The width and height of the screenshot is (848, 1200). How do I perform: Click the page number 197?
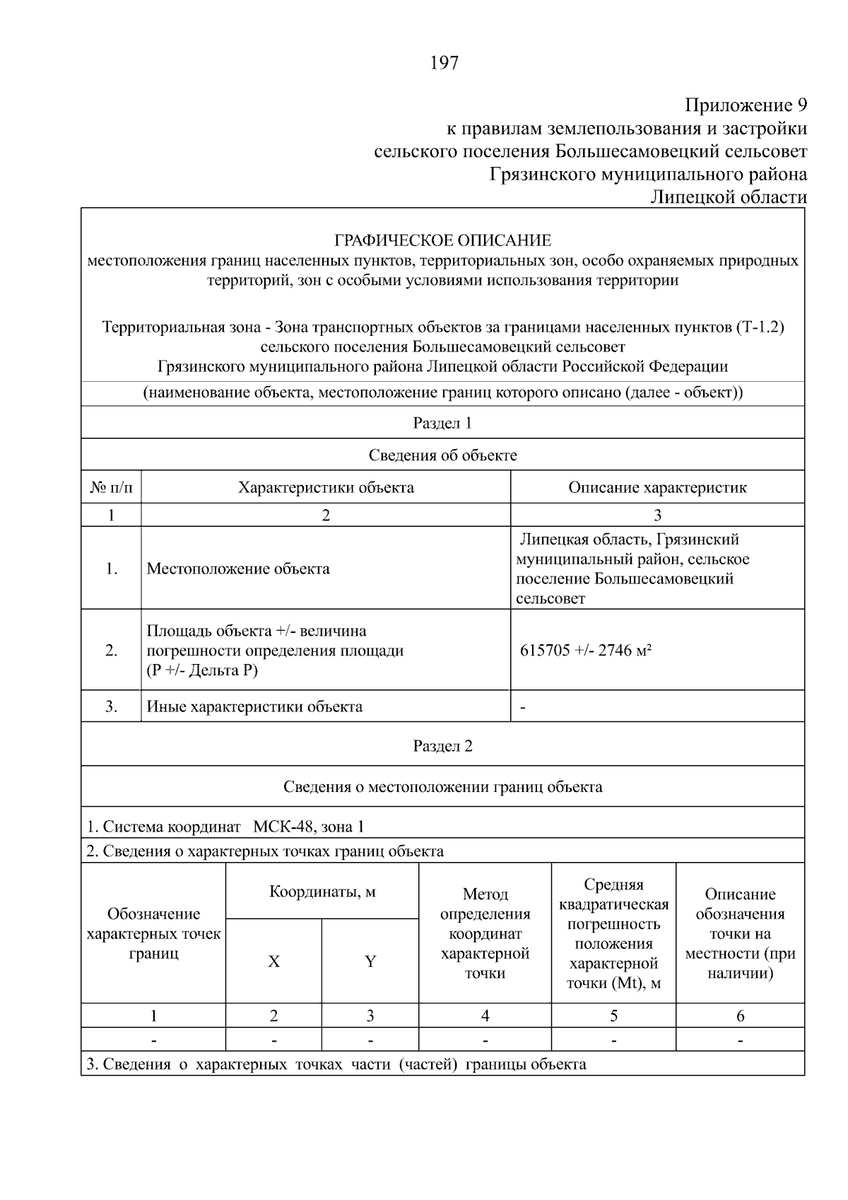[444, 64]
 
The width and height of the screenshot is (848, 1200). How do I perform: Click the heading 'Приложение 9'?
[746, 106]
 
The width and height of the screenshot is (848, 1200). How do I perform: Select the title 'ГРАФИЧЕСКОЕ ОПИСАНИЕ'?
[442, 240]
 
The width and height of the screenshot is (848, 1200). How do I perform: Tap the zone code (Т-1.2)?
[760, 327]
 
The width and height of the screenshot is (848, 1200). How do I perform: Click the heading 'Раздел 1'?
[442, 423]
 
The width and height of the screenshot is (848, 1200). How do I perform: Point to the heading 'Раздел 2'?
[442, 746]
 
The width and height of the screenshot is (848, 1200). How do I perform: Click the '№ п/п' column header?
[111, 487]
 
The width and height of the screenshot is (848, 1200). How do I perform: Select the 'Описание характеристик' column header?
[657, 487]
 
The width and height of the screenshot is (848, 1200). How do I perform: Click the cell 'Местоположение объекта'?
[238, 569]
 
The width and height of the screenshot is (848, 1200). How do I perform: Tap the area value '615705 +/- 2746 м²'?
[586, 651]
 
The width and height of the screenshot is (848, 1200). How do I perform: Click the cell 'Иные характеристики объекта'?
[254, 706]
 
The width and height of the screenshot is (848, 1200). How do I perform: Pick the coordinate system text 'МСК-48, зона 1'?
[309, 827]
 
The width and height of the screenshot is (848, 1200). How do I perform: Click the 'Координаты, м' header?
[322, 892]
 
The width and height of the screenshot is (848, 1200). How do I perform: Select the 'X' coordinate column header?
[273, 962]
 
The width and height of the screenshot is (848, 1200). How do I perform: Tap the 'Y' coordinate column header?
[370, 962]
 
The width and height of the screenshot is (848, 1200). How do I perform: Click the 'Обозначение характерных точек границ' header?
[153, 933]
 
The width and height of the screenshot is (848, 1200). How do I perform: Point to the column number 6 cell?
[740, 1016]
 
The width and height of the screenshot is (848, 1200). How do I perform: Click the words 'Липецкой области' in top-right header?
[728, 197]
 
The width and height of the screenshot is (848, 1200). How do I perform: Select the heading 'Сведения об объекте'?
[442, 455]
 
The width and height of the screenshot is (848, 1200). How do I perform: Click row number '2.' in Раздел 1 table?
[111, 651]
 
